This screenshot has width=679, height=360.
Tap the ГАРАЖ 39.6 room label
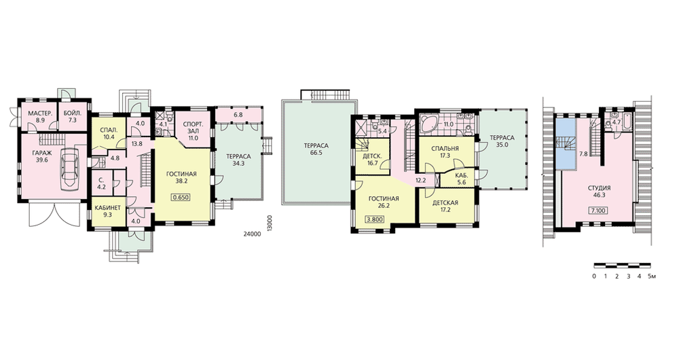pyautogui.click(x=41, y=156)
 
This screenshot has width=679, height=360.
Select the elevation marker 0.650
pyautogui.click(x=181, y=197)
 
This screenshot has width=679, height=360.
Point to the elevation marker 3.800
pyautogui.click(x=375, y=219)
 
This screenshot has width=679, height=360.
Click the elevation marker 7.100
pyautogui.click(x=598, y=211)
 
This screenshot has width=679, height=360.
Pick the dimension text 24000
pyautogui.click(x=252, y=234)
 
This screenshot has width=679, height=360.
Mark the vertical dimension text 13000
pyautogui.click(x=270, y=223)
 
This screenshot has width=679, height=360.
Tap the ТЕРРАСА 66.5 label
pyautogui.click(x=316, y=149)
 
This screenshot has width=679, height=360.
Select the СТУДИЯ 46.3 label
pyautogui.click(x=600, y=192)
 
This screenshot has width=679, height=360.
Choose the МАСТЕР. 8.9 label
pyautogui.click(x=40, y=117)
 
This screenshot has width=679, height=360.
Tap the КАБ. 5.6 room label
pyautogui.click(x=460, y=179)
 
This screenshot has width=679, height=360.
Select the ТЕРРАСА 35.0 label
pyautogui.click(x=502, y=141)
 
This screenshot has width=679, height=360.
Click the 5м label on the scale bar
pyautogui.click(x=652, y=276)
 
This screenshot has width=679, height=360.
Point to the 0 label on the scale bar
pyautogui.click(x=594, y=276)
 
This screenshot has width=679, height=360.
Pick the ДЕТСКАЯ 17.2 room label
pyautogui.click(x=445, y=206)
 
